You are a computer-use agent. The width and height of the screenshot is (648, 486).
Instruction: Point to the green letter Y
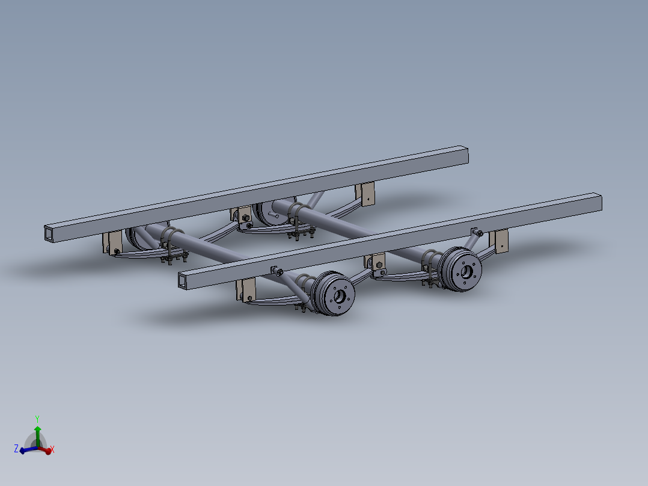[37, 419]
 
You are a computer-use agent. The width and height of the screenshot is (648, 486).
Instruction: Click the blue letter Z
[16, 449]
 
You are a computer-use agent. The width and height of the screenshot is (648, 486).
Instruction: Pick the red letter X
[52, 449]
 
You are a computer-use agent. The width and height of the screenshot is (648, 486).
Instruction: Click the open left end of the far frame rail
[49, 233]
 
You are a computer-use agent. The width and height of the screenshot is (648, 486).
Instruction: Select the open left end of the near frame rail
[183, 280]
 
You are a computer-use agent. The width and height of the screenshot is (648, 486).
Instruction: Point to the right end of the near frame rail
[598, 202]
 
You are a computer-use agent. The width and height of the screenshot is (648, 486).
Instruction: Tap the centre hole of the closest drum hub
[340, 296]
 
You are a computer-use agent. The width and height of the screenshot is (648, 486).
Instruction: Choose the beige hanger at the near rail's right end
[500, 241]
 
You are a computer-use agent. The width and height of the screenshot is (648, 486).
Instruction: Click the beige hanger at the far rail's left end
[112, 243]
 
